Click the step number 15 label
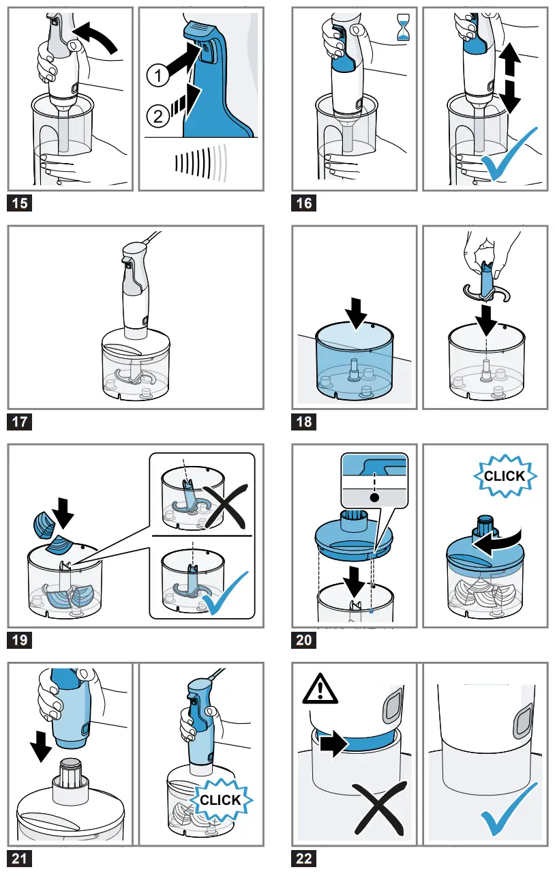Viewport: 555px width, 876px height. [20, 203]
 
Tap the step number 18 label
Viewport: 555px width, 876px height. [303, 422]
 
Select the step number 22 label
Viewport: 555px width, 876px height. [303, 858]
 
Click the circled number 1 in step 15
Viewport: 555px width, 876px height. [158, 75]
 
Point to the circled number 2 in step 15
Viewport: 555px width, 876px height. [158, 116]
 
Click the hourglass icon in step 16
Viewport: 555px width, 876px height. [403, 27]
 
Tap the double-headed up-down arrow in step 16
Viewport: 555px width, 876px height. [511, 77]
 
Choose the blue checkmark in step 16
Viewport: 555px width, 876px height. [509, 154]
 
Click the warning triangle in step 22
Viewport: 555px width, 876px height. [320, 689]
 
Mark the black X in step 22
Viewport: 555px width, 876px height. [380, 808]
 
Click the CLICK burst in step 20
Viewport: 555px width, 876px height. [505, 476]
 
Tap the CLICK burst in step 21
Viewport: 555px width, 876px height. [221, 800]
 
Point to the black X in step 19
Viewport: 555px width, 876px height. [225, 506]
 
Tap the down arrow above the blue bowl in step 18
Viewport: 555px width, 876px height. [356, 313]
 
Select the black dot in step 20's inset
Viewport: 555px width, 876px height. [374, 498]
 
